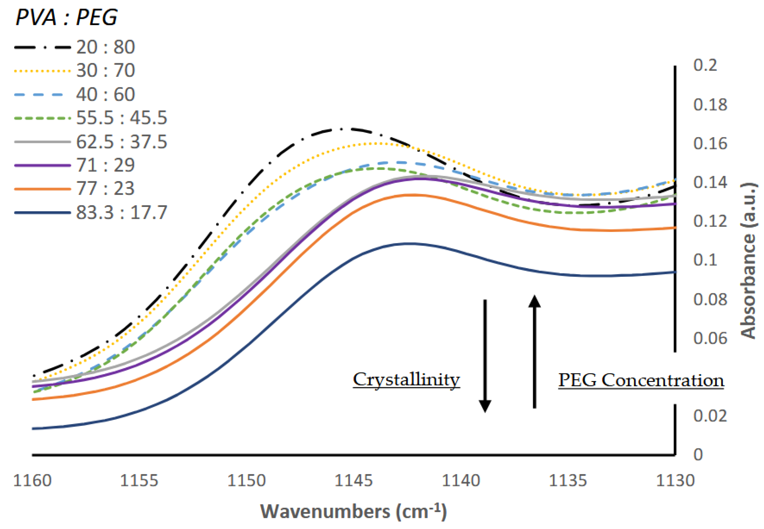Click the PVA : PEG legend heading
click(66, 17)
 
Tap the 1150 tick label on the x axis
click(246, 481)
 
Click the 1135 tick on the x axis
click(568, 481)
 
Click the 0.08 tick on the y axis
click(710, 299)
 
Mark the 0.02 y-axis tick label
click(710, 416)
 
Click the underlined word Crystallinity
click(406, 380)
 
